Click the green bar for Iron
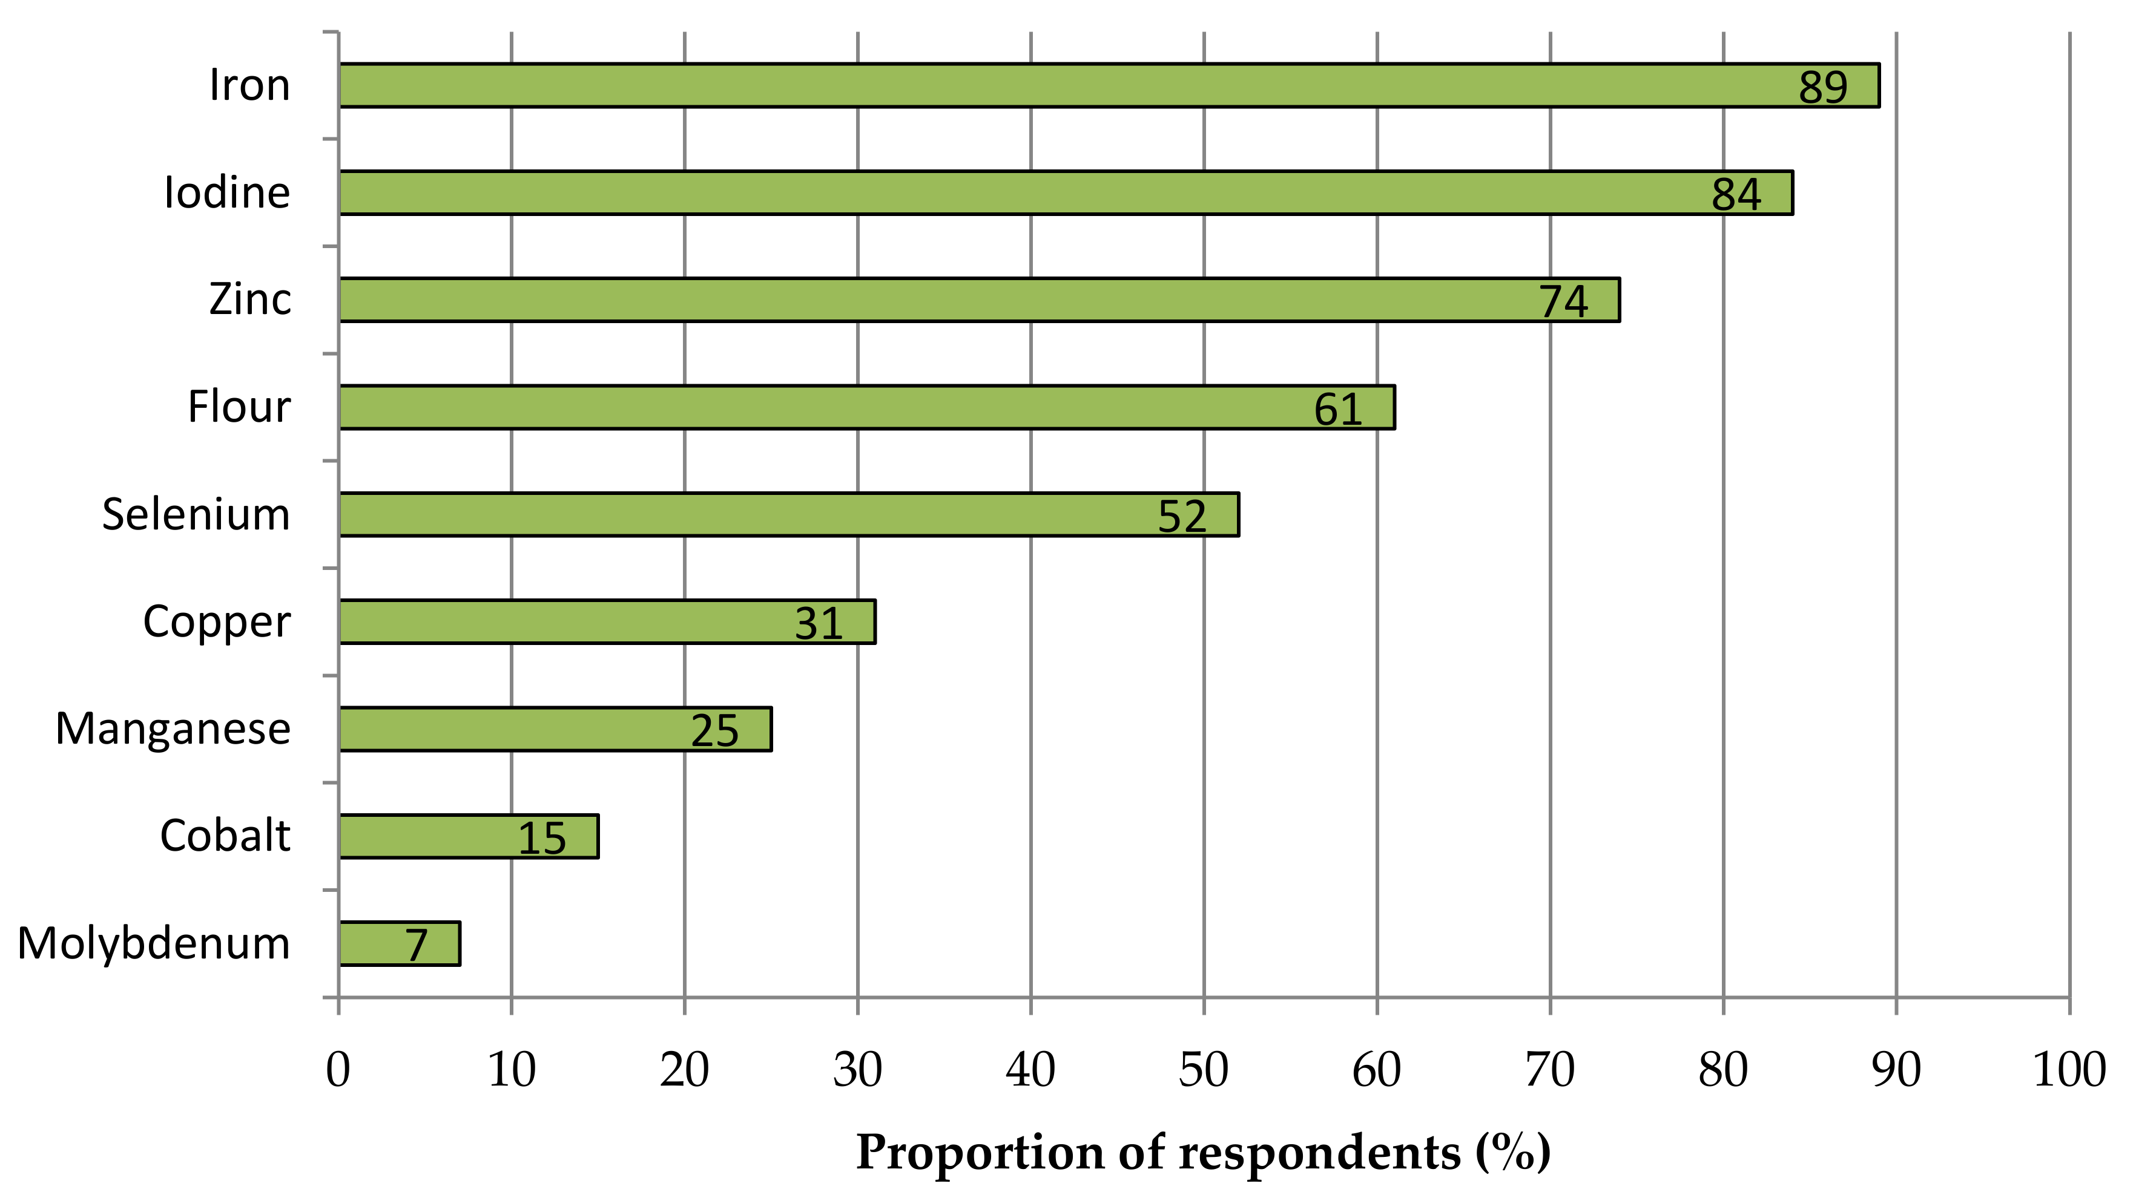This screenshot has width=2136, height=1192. tap(1108, 85)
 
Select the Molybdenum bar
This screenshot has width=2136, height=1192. tap(399, 943)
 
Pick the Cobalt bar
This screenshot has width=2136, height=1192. tap(469, 836)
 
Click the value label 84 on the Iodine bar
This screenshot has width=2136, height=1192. tap(1735, 195)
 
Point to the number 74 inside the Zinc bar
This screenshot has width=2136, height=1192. tap(1563, 302)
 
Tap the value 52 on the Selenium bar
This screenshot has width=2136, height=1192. tap(1182, 516)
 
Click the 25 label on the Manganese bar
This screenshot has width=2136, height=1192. tap(714, 731)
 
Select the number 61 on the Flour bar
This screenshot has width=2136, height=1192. tap(1337, 410)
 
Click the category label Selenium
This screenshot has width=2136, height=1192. tap(197, 515)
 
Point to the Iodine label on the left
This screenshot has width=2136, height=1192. tap(227, 193)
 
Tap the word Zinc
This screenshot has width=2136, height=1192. tap(249, 300)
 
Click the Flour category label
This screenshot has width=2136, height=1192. tap(239, 407)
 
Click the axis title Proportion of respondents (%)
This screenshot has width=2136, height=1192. tap(1203, 1152)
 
